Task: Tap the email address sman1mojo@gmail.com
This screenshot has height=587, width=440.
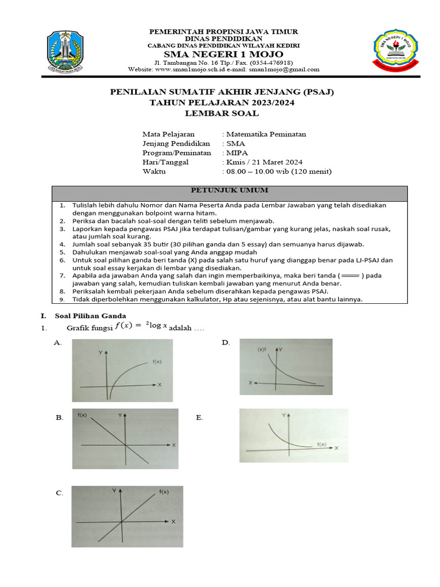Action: point(287,69)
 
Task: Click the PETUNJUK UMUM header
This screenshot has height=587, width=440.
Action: point(229,190)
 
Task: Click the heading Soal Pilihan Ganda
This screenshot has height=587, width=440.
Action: point(90,316)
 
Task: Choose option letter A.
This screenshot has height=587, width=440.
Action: point(57,343)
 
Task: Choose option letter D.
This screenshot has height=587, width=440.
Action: point(226,343)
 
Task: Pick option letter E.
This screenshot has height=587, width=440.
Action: point(199,418)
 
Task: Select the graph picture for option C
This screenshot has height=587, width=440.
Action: point(123,517)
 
